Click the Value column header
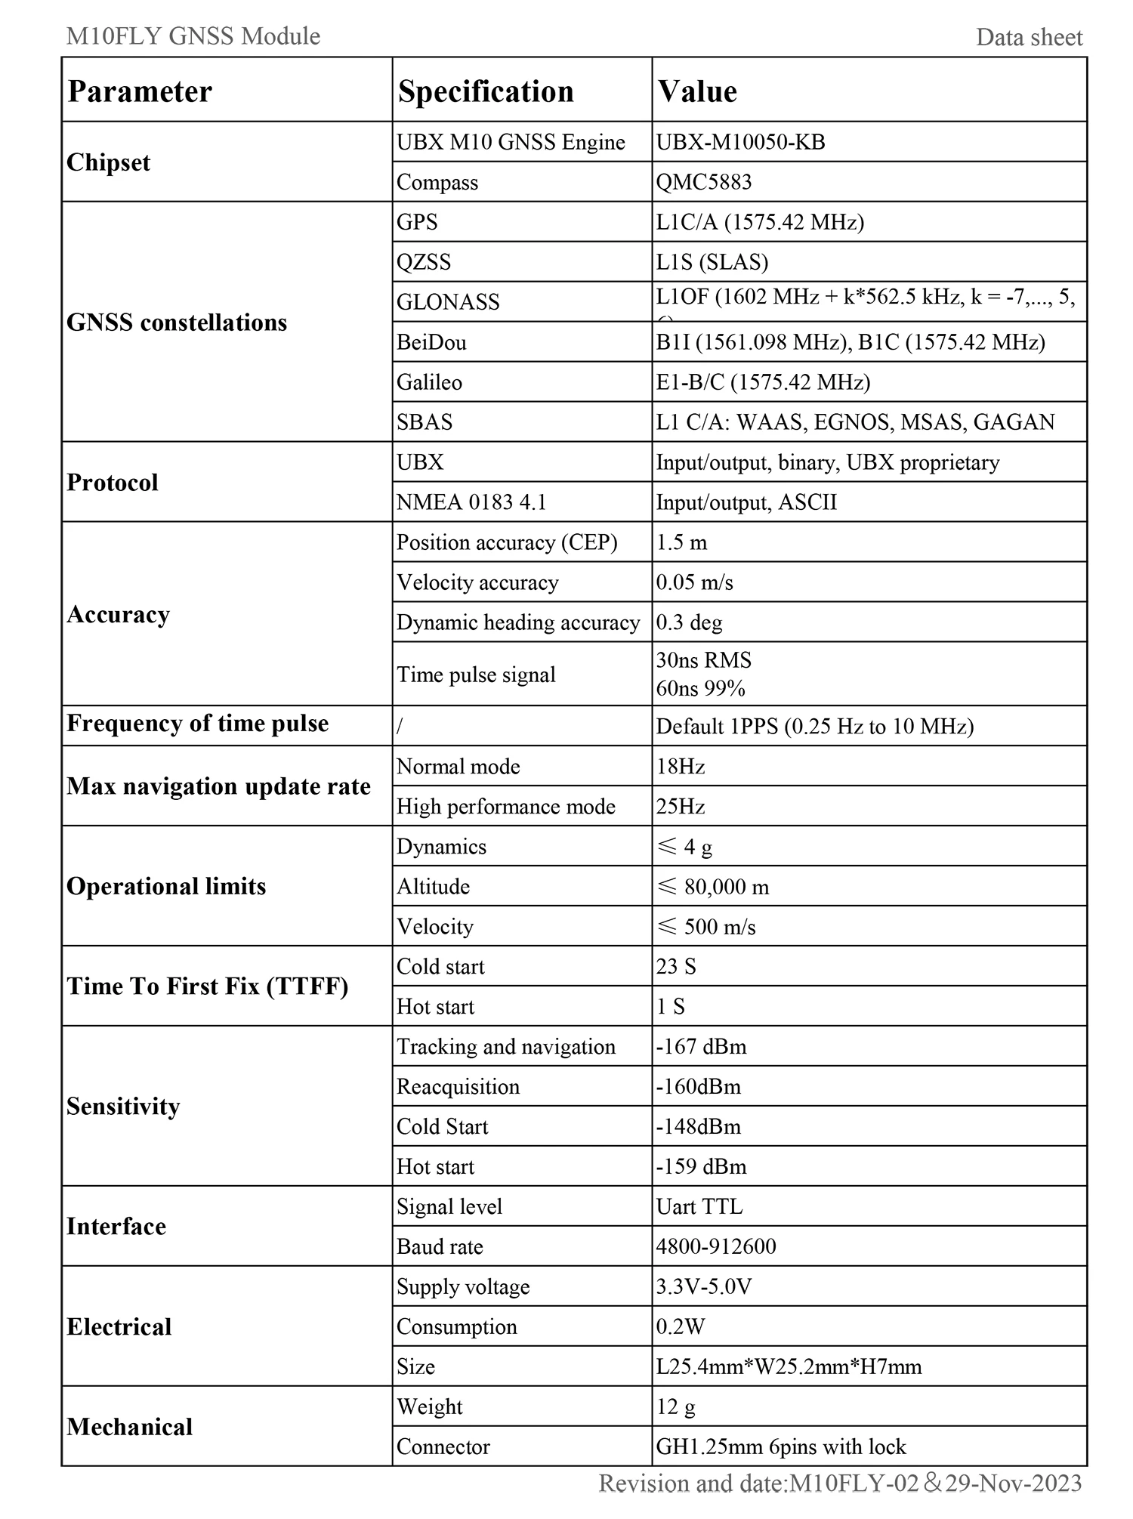pos(697,91)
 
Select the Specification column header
pos(486,91)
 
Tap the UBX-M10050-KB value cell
pos(740,142)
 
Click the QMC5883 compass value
pos(704,182)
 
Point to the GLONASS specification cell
pos(448,302)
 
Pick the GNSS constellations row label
pos(177,323)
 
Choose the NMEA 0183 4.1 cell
pos(471,502)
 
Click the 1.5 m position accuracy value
pos(681,542)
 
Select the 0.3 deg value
pos(689,622)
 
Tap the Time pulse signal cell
pos(476,675)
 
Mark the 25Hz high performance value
pos(680,807)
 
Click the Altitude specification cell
pos(433,887)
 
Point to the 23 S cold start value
pos(676,967)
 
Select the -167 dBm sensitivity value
pos(701,1047)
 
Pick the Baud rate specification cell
pos(440,1247)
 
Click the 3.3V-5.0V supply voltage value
pos(704,1287)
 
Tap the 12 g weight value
pos(675,1407)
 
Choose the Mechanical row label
pos(130,1427)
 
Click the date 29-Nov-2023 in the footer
pos(1014,1483)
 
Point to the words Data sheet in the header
pos(1029,37)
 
